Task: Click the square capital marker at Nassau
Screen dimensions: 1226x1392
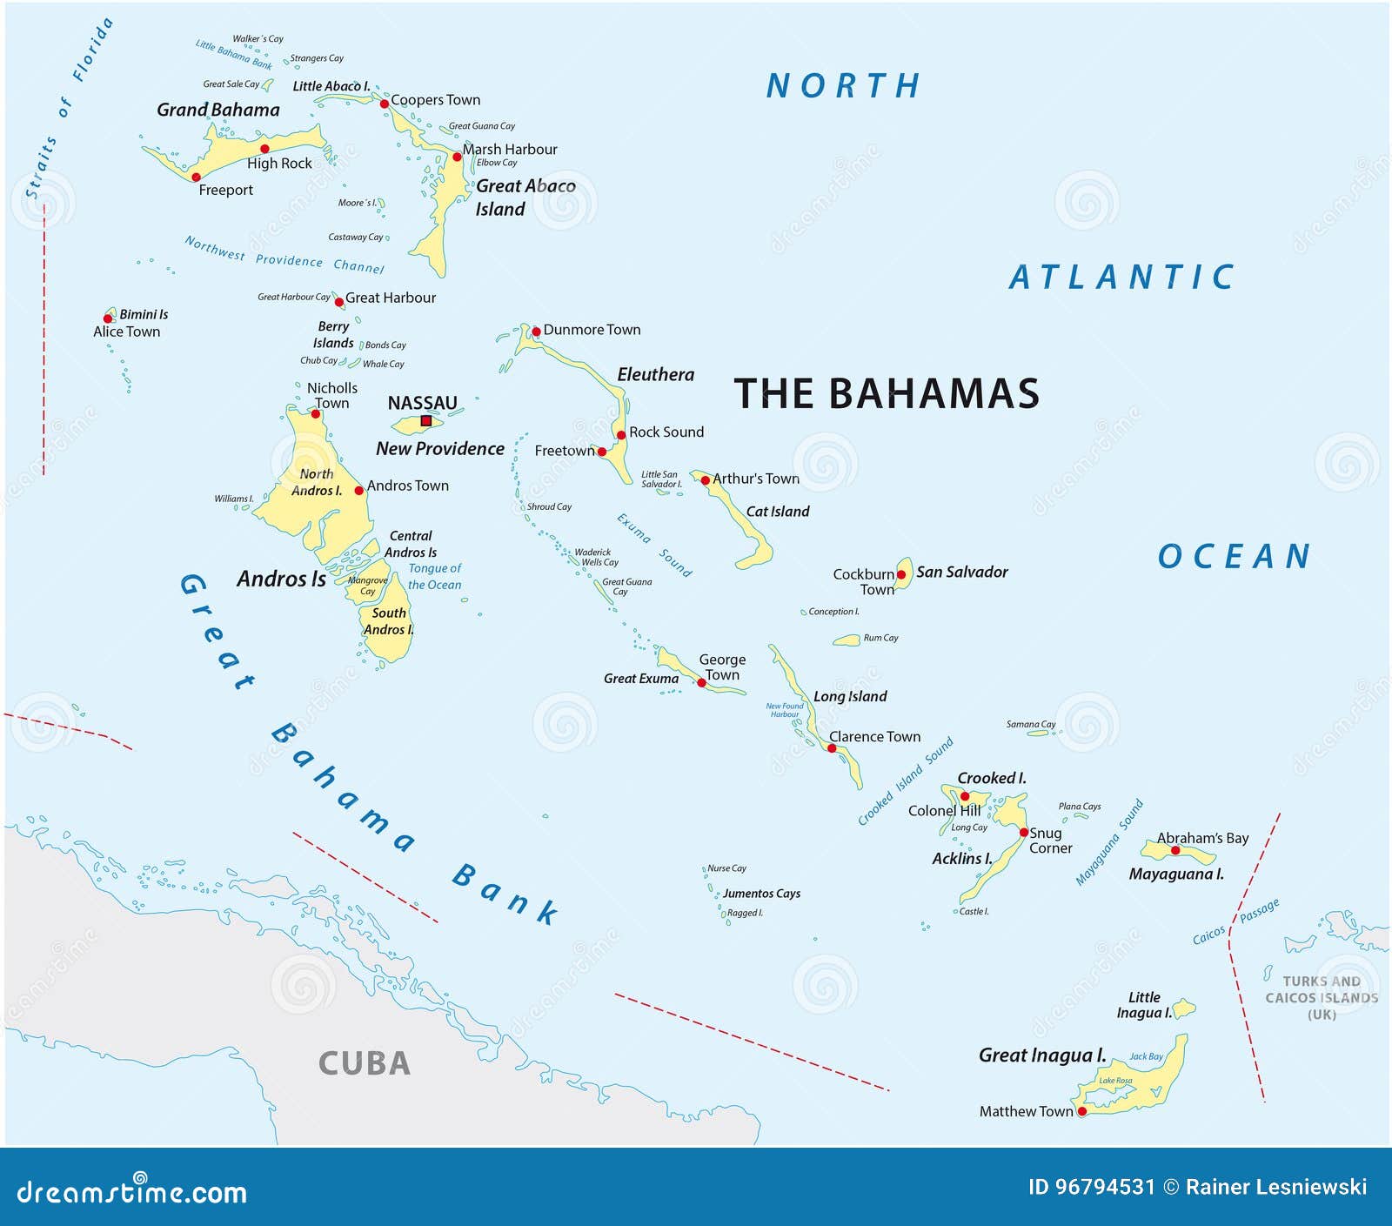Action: [x=426, y=421]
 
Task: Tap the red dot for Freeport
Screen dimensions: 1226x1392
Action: [x=196, y=177]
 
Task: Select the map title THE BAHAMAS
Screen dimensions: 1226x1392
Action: [x=887, y=394]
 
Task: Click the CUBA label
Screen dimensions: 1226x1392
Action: [x=364, y=1063]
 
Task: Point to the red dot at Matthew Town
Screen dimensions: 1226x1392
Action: [x=1082, y=1111]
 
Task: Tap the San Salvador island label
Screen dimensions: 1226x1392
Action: [x=961, y=572]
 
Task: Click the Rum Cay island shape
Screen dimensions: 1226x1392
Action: [x=847, y=640]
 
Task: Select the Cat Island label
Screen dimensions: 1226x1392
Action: [x=777, y=512]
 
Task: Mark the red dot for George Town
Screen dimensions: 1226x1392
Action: [x=701, y=683]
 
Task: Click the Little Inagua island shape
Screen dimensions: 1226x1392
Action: [x=1185, y=1008]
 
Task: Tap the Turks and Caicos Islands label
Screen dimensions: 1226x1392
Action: [x=1321, y=997]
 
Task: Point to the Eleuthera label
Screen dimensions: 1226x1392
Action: [x=655, y=375]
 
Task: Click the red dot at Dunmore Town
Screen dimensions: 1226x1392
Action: [x=536, y=332]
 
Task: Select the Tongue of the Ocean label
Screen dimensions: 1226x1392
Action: [x=434, y=576]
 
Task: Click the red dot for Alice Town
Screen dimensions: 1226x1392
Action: [x=108, y=318]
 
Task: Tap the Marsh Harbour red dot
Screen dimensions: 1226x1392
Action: [x=457, y=157]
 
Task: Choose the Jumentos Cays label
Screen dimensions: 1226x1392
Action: [x=761, y=894]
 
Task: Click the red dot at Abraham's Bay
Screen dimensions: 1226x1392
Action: [x=1175, y=850]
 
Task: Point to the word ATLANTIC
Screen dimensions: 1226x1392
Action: [x=1121, y=278]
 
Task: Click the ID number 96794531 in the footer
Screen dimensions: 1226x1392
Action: [x=1104, y=1187]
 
